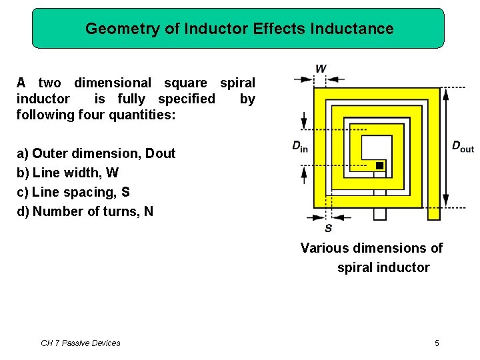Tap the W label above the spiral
tap(321, 68)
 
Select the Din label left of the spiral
tap(300, 147)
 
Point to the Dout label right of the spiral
tap(463, 147)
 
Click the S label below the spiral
tap(328, 229)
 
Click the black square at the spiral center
tap(379, 165)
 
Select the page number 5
tap(437, 343)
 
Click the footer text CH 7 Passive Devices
tap(81, 343)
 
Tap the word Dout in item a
tap(160, 153)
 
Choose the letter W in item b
tap(112, 173)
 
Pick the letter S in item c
tap(125, 192)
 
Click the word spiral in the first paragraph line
tap(237, 83)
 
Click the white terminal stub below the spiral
tap(379, 213)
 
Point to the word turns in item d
tap(123, 211)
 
